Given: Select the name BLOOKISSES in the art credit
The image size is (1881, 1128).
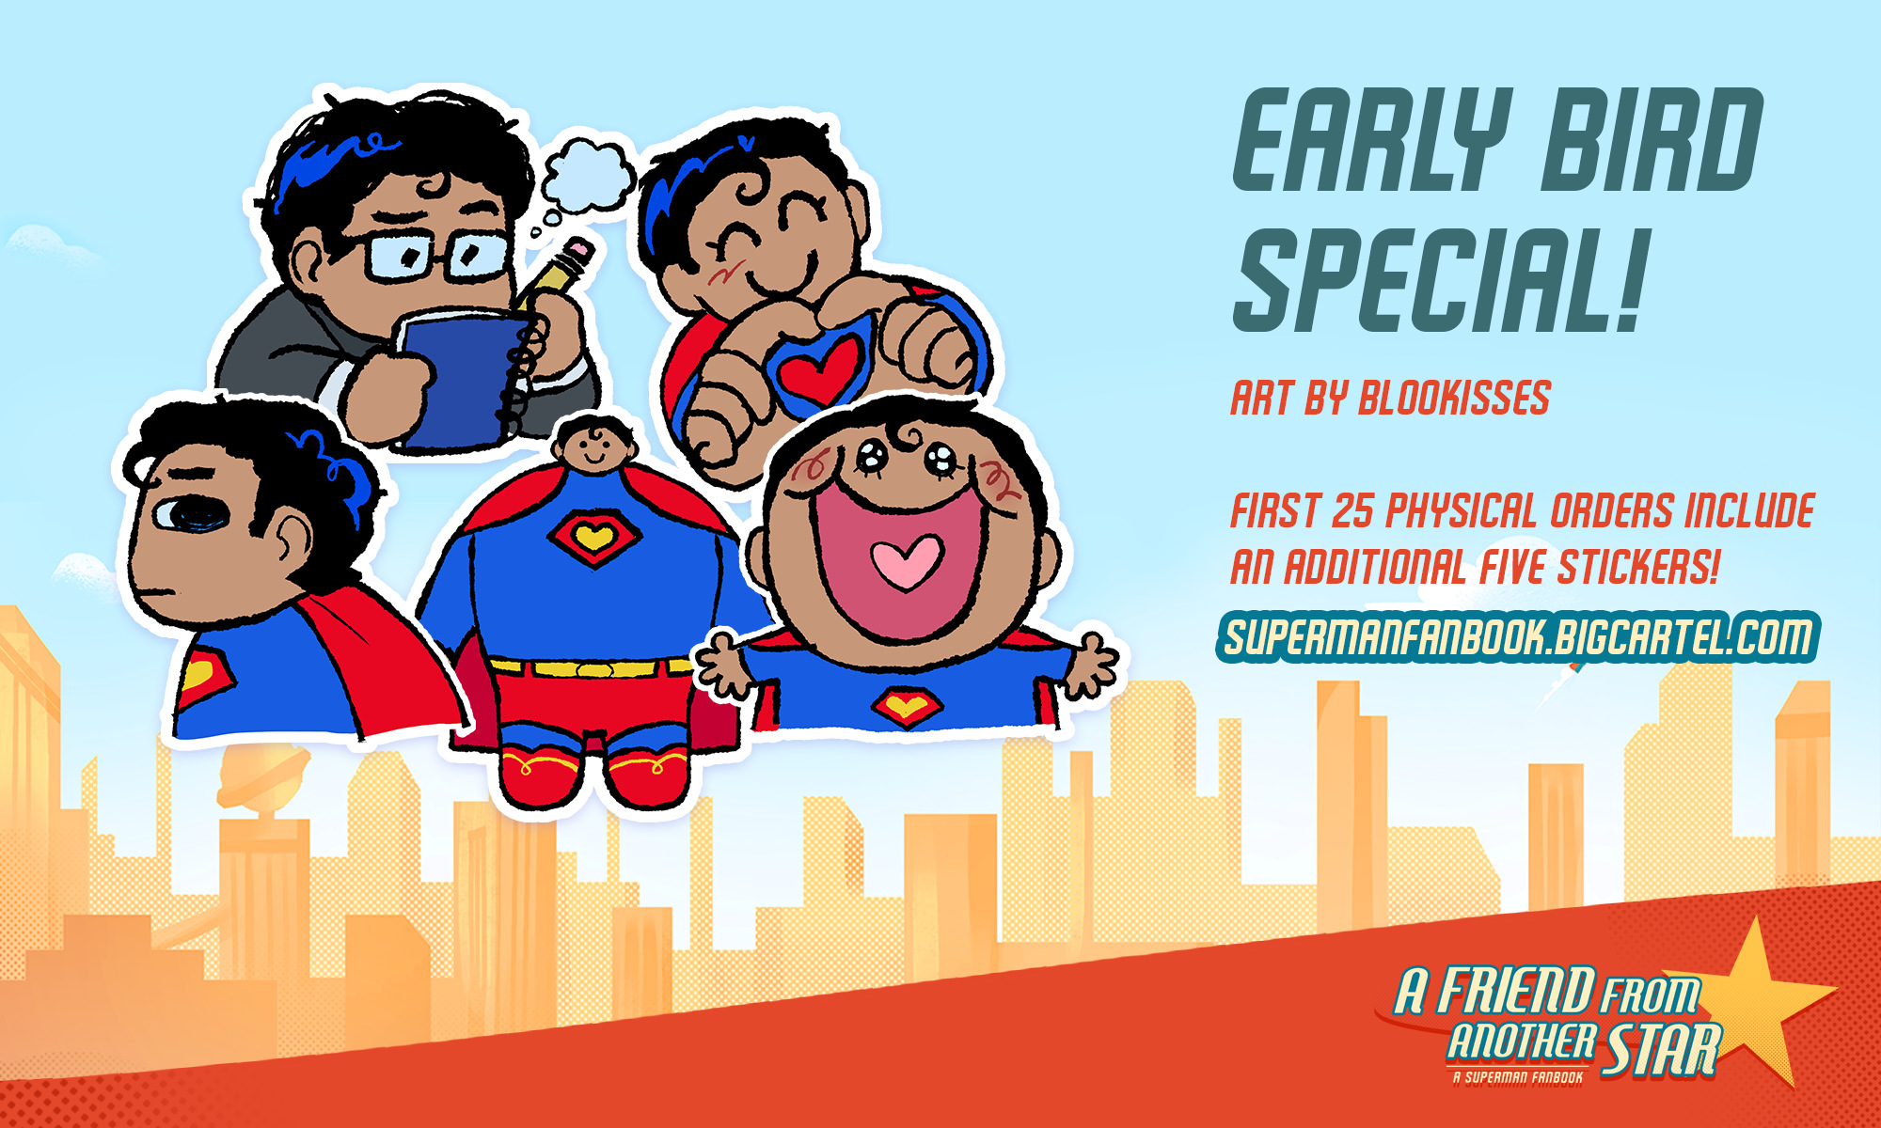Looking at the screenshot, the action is coord(1455,398).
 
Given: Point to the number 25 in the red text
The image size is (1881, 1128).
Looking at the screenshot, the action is coord(1352,511).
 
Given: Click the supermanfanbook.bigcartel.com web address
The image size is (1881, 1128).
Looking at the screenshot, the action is coord(1517,636).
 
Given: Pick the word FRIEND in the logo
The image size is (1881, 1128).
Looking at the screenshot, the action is coord(1517,991).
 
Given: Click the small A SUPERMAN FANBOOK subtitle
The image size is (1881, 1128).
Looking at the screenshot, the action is coord(1518,1077).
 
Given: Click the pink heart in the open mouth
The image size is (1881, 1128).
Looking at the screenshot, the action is coord(905,561).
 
